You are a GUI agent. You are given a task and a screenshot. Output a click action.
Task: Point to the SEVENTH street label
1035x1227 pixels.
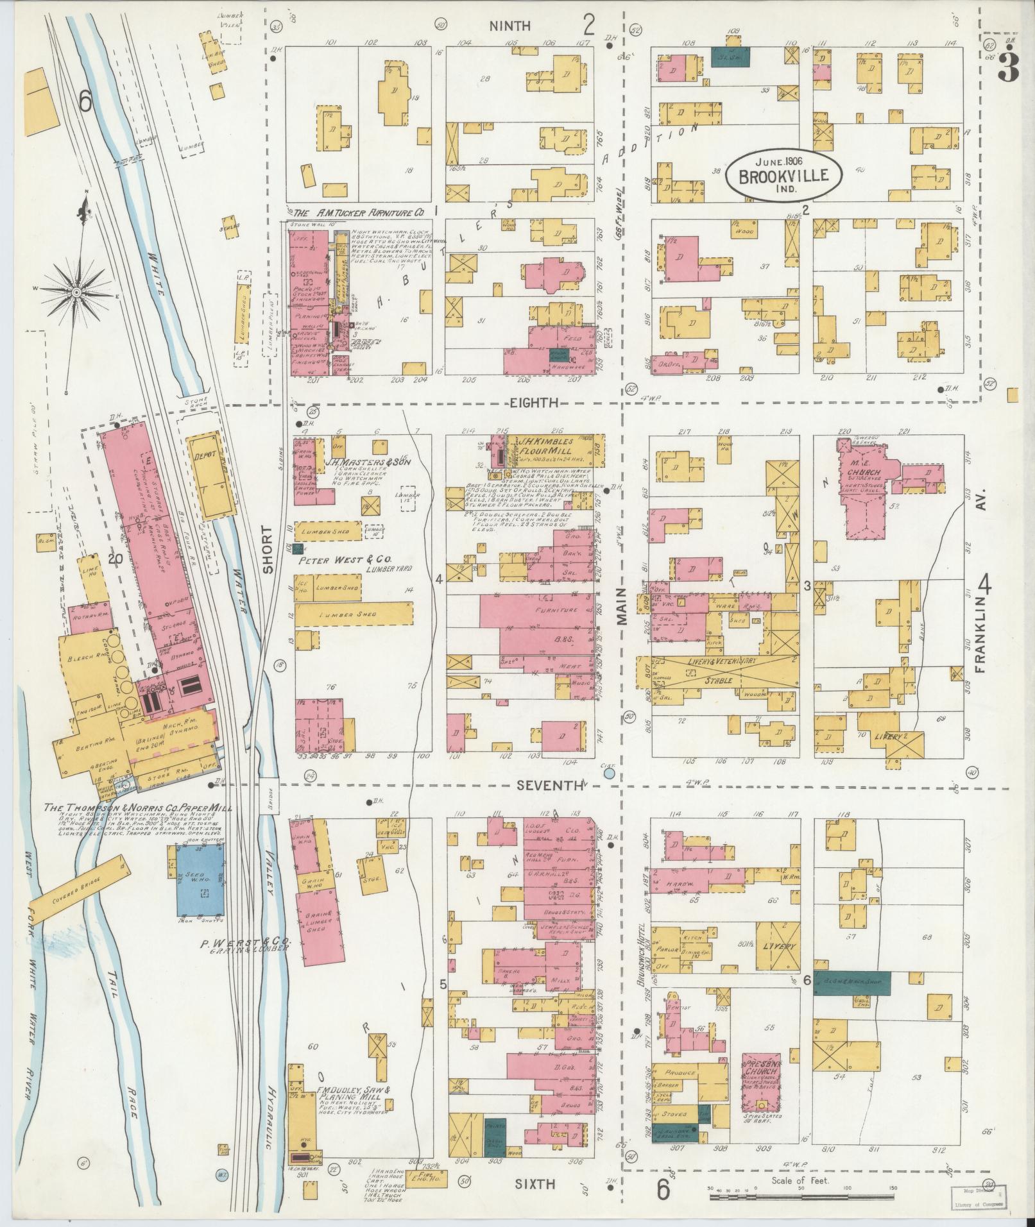pos(547,784)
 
